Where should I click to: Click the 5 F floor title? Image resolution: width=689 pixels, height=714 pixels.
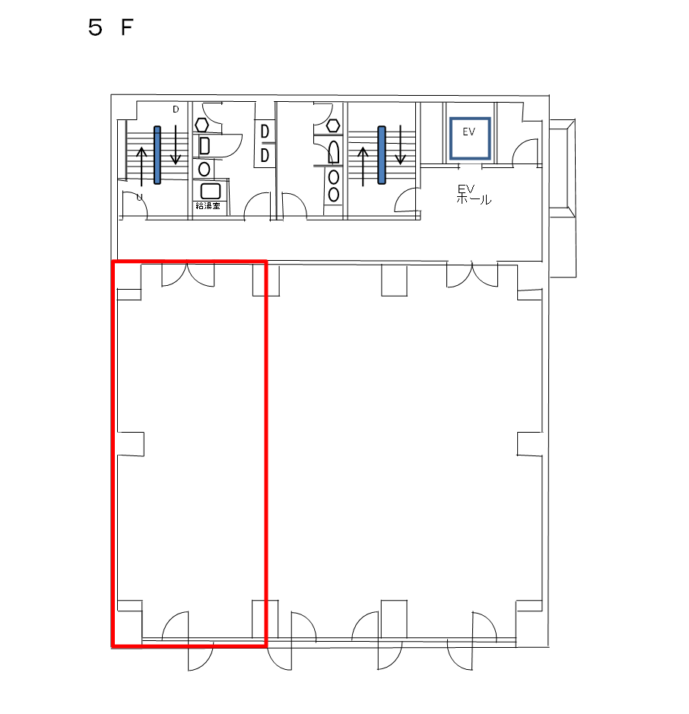[110, 28]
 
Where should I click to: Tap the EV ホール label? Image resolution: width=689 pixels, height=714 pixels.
[473, 195]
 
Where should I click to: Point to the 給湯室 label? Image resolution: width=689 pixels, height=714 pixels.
[208, 205]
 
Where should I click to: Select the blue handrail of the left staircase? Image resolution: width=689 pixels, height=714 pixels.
[157, 155]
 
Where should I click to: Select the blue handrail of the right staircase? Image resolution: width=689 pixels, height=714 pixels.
[382, 155]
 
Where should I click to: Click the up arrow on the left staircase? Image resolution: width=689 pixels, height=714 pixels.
[141, 167]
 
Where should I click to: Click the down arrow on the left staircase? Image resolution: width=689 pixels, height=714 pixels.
[176, 144]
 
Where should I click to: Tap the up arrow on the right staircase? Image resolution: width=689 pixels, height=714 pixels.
[363, 167]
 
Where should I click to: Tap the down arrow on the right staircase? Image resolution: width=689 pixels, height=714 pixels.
[400, 144]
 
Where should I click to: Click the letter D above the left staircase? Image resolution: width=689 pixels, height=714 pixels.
[176, 109]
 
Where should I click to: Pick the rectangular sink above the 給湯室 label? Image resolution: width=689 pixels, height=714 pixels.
[211, 191]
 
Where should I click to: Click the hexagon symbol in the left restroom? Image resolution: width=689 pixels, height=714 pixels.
[202, 125]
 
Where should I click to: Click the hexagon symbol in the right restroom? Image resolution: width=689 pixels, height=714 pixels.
[333, 125]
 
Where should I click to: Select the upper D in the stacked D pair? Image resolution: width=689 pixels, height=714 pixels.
[265, 132]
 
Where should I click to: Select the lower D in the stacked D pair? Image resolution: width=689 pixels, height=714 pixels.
[265, 156]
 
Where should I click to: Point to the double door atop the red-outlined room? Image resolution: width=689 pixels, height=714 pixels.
[188, 274]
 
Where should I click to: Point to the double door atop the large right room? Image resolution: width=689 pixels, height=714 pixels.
[472, 274]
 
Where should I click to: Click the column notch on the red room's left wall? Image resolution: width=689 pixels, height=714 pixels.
[131, 444]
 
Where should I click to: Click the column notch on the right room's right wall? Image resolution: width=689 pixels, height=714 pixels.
[529, 444]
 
